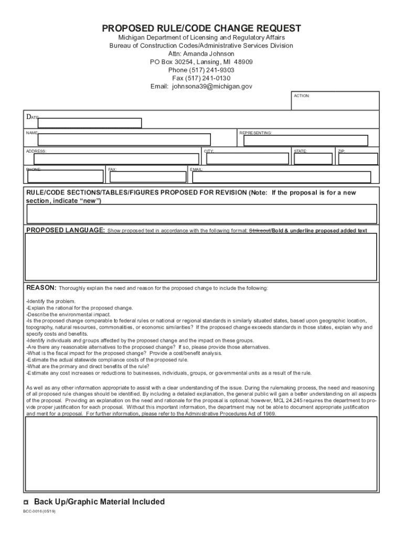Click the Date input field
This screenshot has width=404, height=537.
90,123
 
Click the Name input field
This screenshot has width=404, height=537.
124,139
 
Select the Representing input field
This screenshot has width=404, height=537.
307,139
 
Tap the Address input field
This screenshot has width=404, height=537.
116,159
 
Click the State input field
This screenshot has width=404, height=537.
313,159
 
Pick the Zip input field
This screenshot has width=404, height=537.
357,159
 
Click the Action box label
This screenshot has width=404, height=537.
302,96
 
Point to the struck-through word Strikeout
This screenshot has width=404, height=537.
259,230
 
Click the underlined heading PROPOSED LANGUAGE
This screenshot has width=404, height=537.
66,230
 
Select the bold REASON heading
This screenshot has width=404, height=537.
41,288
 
